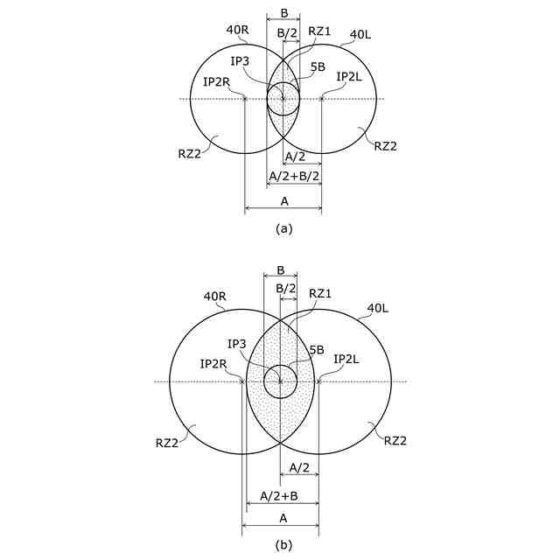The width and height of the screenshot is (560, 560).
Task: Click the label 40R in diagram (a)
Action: [x=238, y=29]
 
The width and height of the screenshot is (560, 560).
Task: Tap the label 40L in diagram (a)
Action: [x=361, y=35]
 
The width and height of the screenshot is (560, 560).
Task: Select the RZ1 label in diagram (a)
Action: [x=319, y=31]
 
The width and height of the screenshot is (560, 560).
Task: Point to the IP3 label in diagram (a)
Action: [x=241, y=60]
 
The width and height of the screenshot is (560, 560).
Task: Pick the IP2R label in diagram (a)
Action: [x=216, y=81]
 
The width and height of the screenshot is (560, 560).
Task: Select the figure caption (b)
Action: [x=283, y=545]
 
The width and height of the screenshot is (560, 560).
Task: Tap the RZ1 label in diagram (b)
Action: [x=321, y=293]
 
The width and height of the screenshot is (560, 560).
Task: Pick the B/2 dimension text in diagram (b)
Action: [x=286, y=288]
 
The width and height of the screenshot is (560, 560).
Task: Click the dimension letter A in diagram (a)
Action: [x=283, y=201]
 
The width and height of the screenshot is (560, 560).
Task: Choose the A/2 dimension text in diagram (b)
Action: [x=299, y=468]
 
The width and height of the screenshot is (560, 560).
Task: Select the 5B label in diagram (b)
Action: [x=315, y=349]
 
